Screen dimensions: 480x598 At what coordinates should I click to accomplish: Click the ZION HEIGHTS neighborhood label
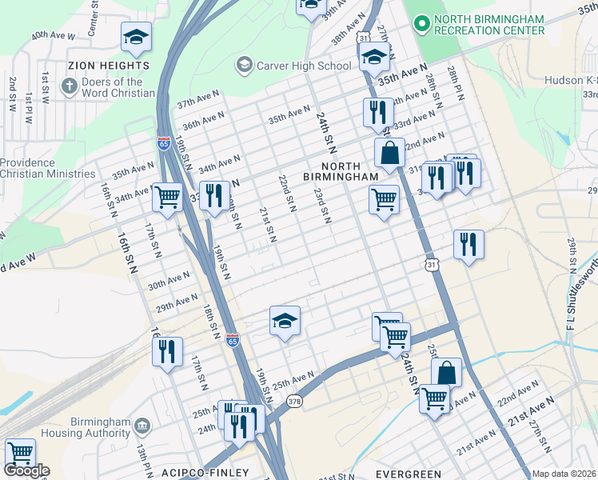pyautogui.click(x=109, y=65)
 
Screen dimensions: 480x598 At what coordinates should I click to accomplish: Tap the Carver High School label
pyautogui.click(x=303, y=66)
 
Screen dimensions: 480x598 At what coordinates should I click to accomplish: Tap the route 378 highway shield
pyautogui.click(x=294, y=401)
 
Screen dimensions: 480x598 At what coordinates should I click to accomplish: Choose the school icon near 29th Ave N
pyautogui.click(x=285, y=322)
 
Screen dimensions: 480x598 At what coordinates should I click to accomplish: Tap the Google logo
pyautogui.click(x=26, y=470)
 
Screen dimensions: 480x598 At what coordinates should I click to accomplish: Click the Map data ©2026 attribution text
pyautogui.click(x=563, y=474)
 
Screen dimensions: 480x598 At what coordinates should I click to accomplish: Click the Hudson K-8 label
pyautogui.click(x=571, y=80)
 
